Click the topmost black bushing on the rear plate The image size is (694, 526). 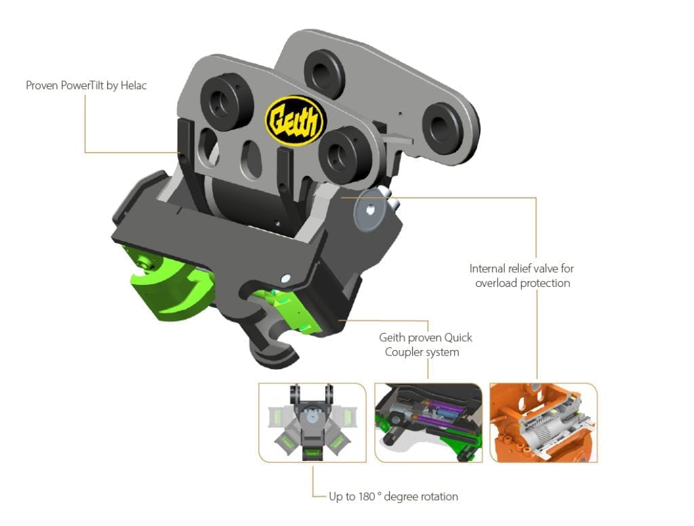325,70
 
